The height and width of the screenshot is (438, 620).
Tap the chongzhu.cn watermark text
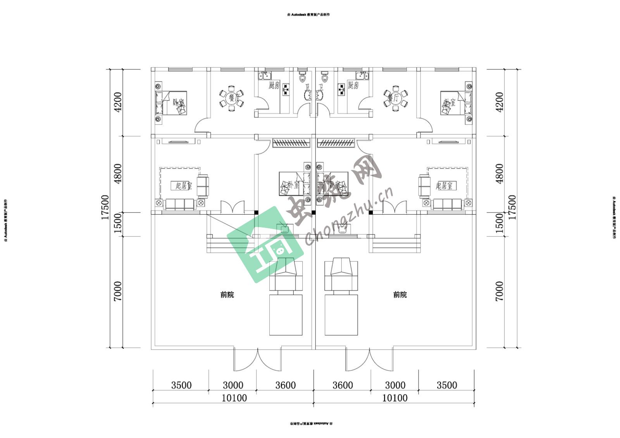[x=349, y=217]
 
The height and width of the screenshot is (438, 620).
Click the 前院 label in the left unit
[x=227, y=295]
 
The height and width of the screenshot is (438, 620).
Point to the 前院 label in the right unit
[x=400, y=295]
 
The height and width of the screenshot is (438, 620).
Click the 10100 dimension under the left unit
[x=234, y=398]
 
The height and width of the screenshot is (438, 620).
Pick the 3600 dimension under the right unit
[x=343, y=385]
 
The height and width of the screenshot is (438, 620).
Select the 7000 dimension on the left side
[x=117, y=291]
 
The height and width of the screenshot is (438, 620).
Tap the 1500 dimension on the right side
[x=499, y=224]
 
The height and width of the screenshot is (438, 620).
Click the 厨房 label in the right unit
[x=353, y=85]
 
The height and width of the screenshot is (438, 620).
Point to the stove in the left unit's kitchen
[x=286, y=90]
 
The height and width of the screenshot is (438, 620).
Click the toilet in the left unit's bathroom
[x=302, y=78]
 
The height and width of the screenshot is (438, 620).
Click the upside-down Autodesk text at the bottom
[x=310, y=424]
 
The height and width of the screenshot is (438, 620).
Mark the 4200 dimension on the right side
[x=499, y=102]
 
